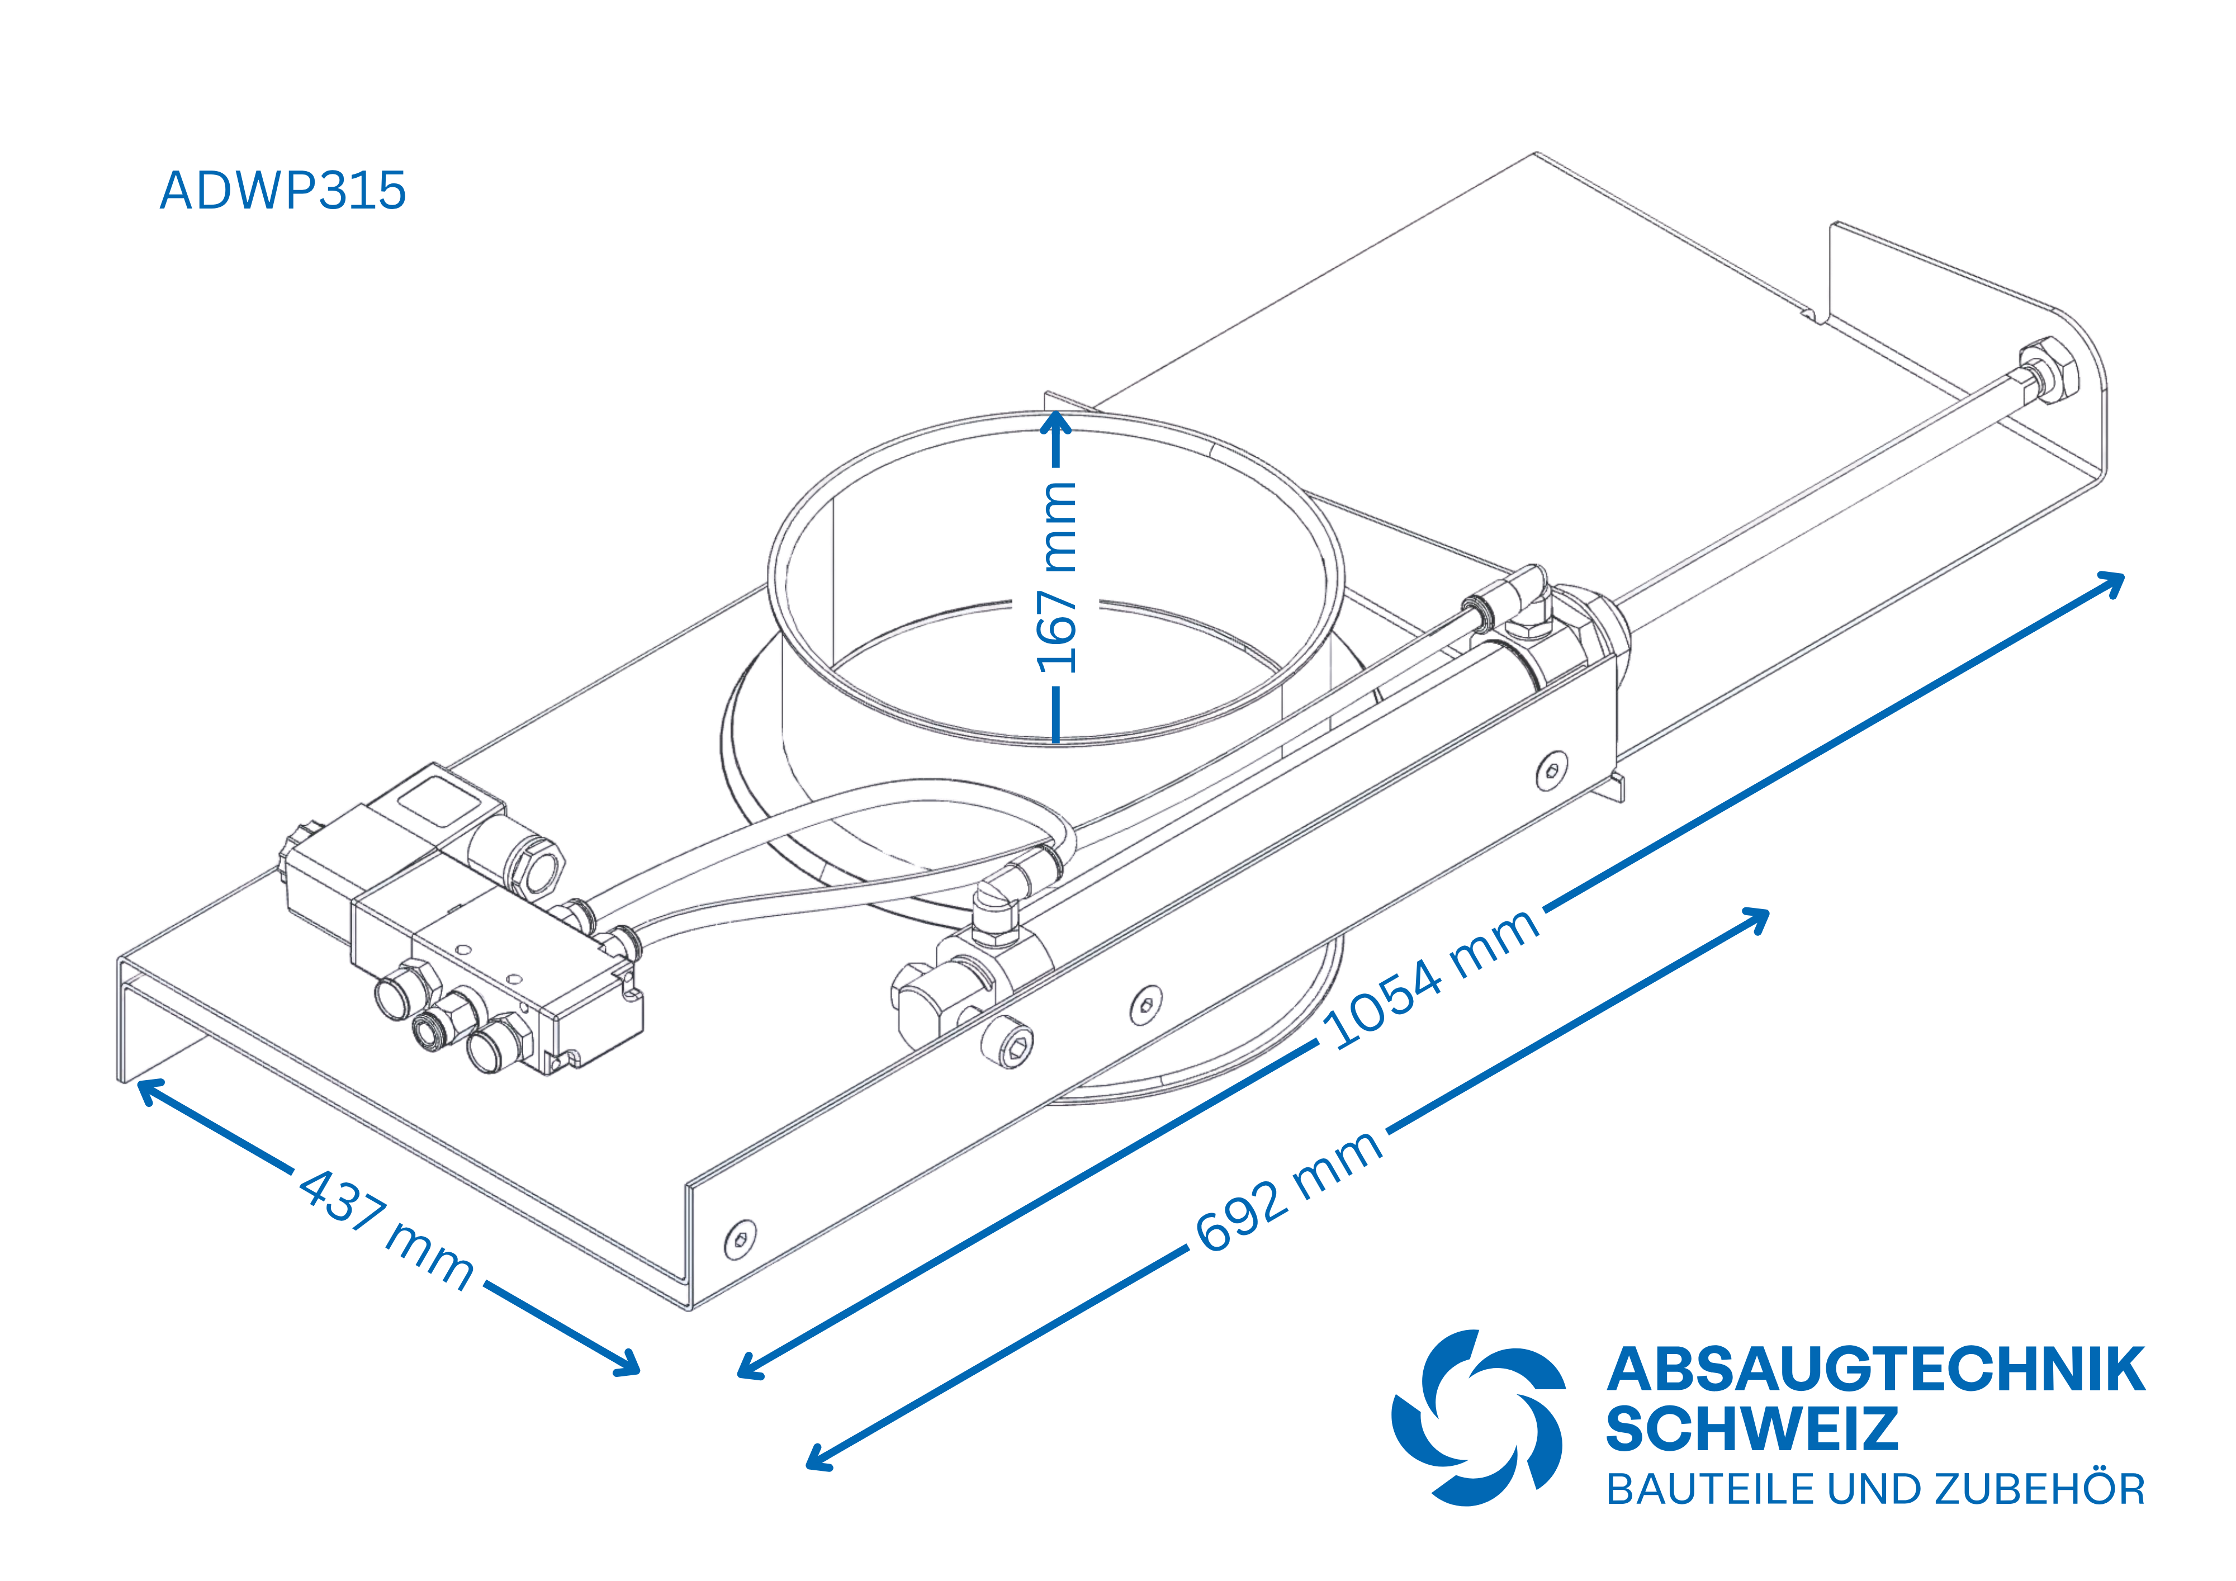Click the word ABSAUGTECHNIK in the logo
(x=1875, y=1369)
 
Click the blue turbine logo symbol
(x=1477, y=1417)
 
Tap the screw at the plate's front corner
(x=740, y=1239)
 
